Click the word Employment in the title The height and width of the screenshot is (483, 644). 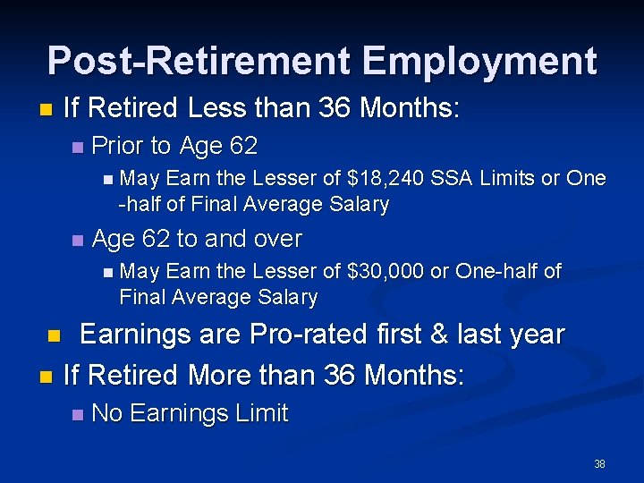[479, 61]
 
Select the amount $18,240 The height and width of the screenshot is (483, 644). [380, 178]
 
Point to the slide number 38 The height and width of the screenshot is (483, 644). [599, 463]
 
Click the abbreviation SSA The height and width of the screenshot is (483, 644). [450, 178]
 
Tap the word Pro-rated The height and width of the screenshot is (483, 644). [318, 335]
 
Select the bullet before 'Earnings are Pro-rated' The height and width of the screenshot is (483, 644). [54, 336]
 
